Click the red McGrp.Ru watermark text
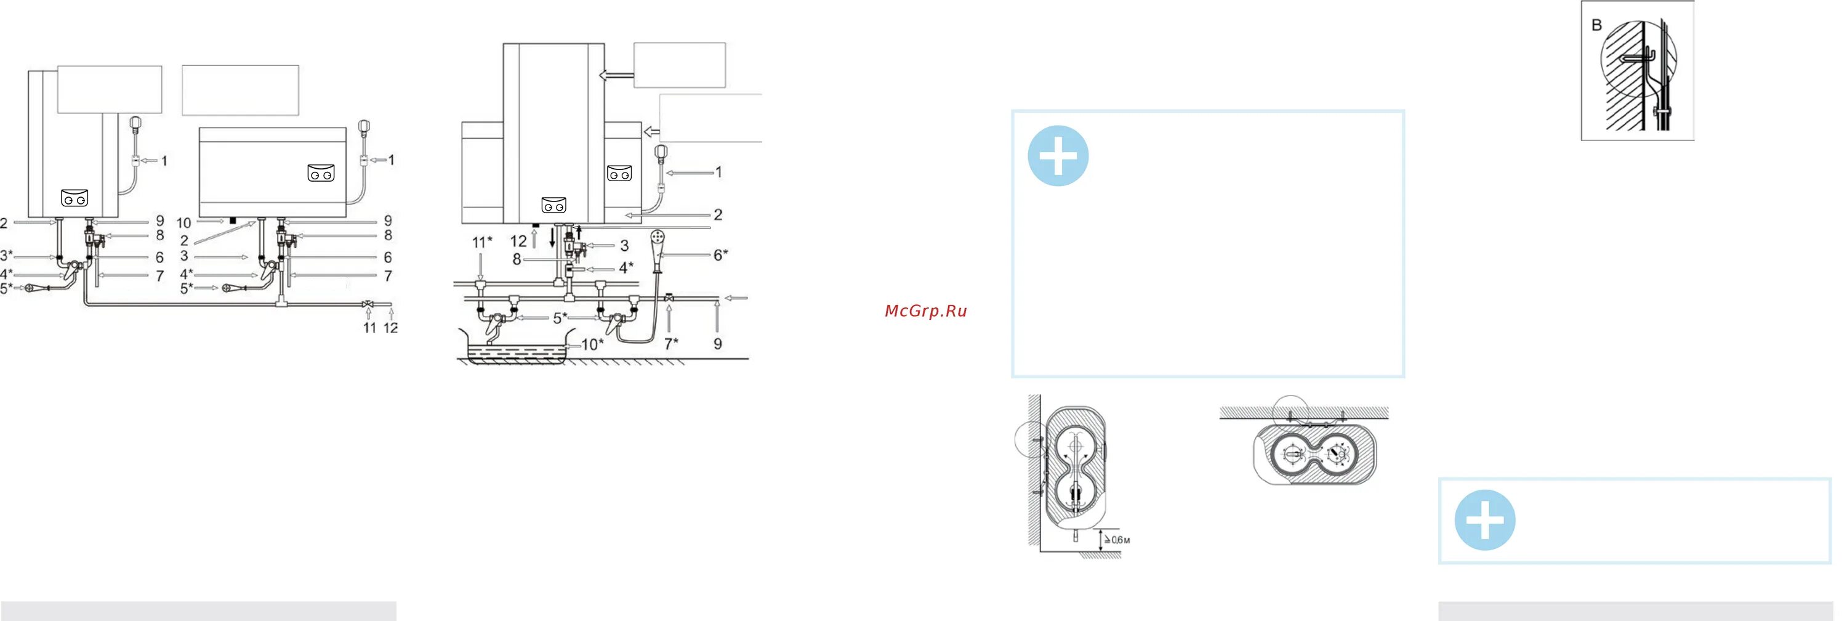coord(925,310)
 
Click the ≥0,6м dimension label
coord(1117,539)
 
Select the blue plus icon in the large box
coord(1058,156)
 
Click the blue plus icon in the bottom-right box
coord(1484,520)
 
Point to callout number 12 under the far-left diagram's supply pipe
coord(391,328)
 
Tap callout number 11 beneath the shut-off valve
coord(369,328)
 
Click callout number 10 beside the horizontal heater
coord(183,223)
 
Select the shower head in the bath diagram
coord(658,237)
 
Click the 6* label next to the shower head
coord(720,254)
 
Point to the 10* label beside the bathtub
coord(592,345)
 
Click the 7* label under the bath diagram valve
coord(671,344)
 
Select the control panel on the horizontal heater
coord(321,174)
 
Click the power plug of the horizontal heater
coord(363,129)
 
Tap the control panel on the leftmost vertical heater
coord(74,198)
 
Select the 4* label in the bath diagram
coord(626,267)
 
